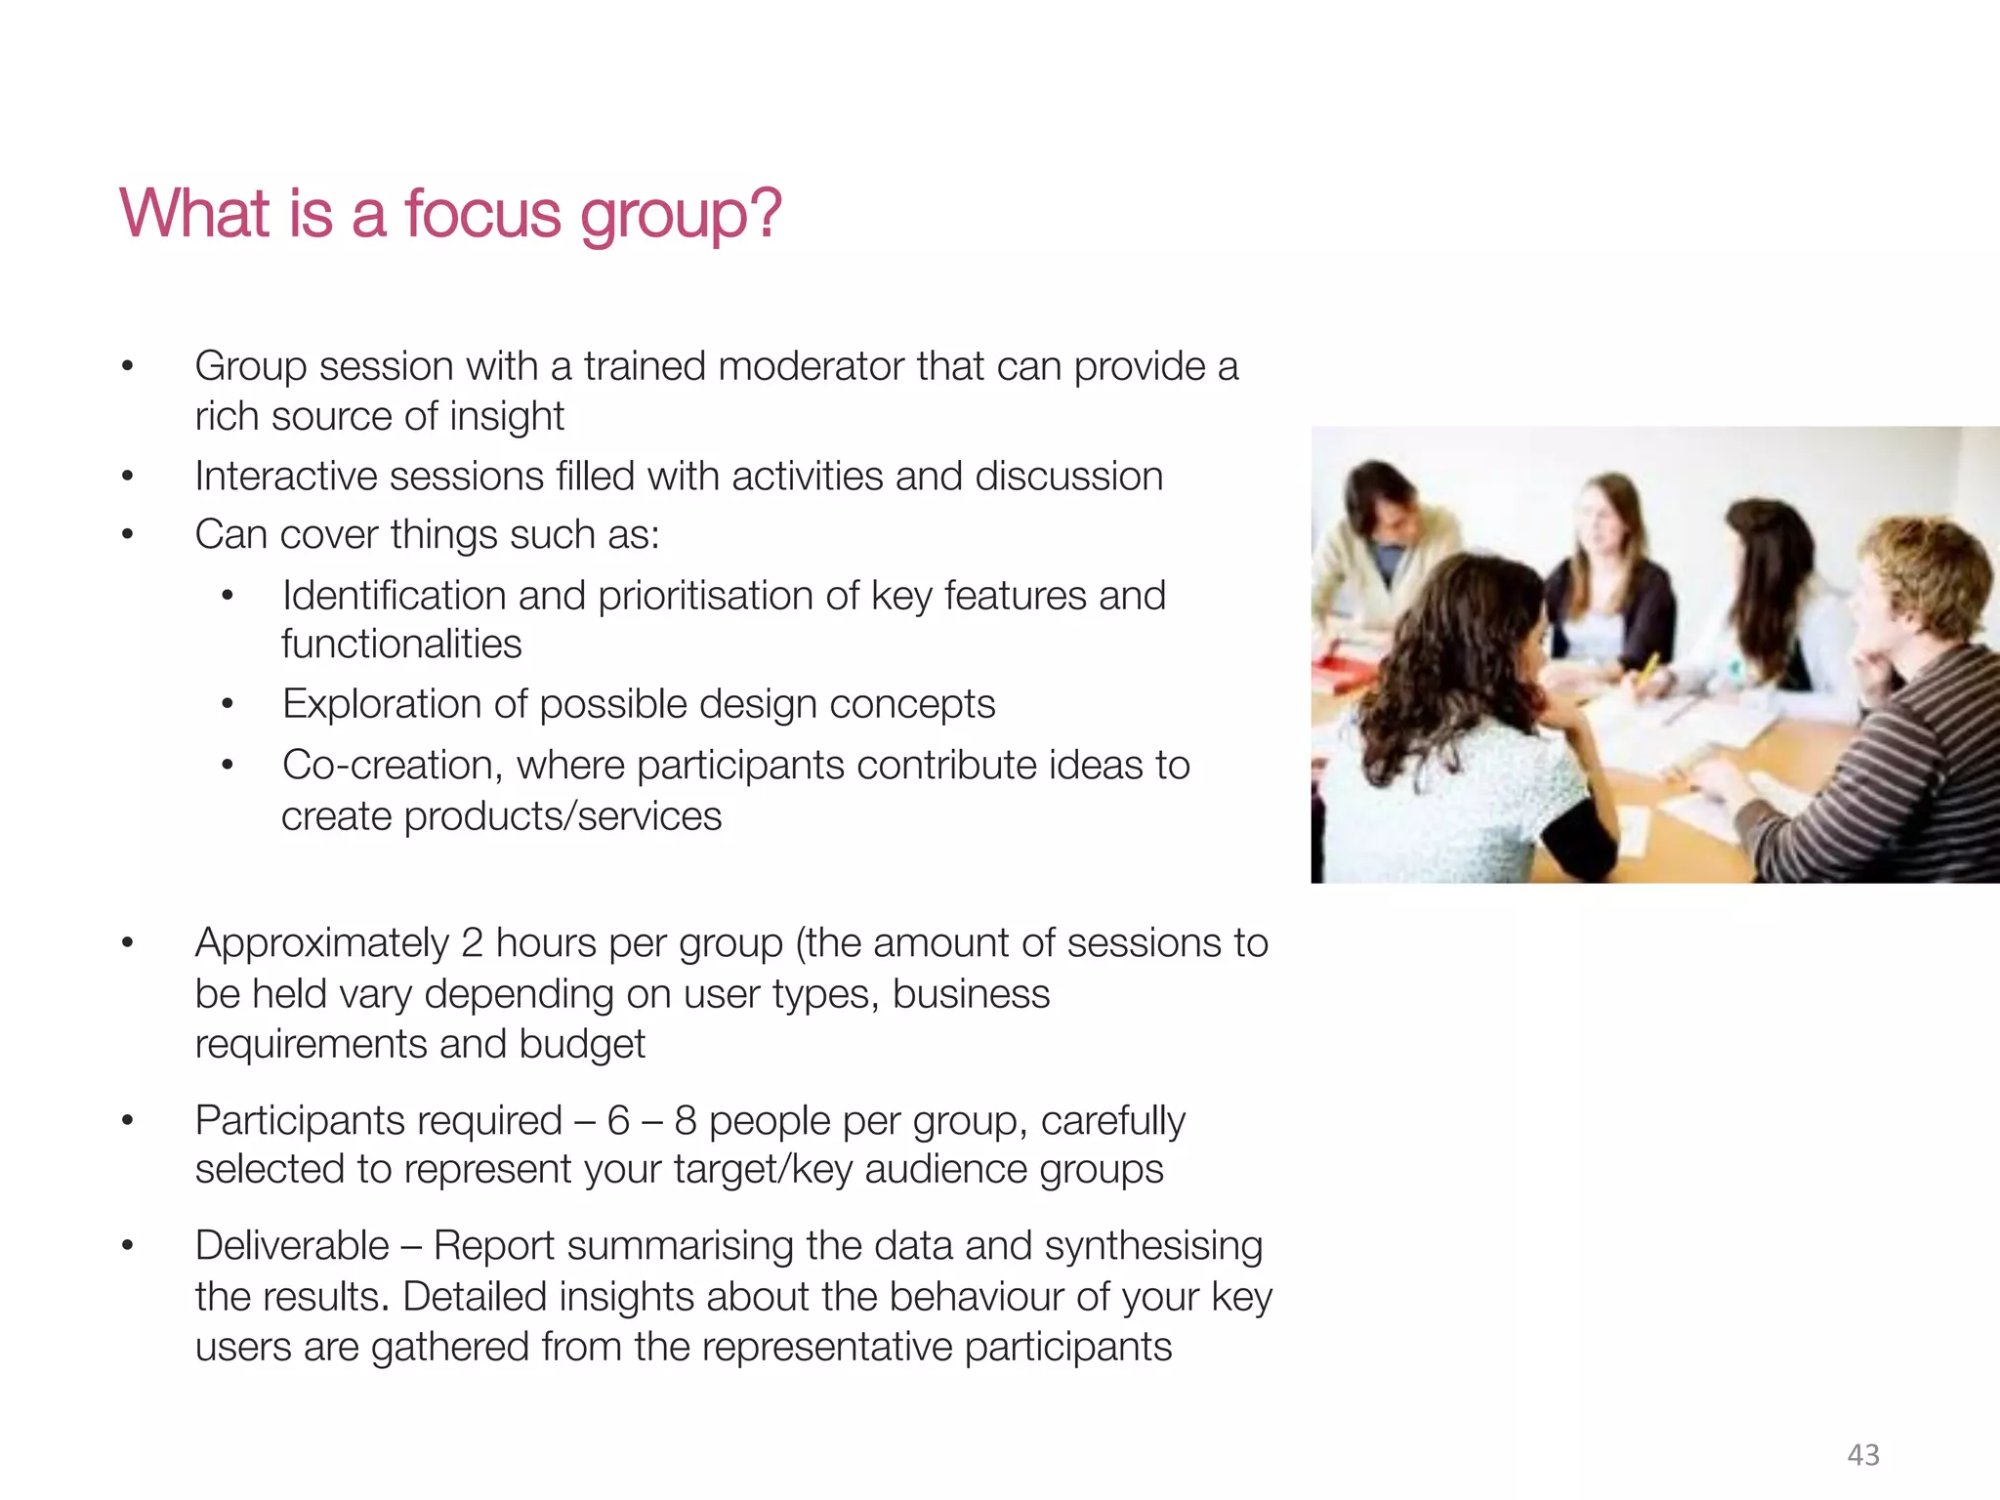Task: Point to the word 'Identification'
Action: pos(394,596)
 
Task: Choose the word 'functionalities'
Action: pos(401,645)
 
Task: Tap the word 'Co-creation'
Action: pos(392,766)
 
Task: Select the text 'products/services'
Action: pos(562,816)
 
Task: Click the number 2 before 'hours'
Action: pos(472,943)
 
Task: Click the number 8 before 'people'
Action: pos(685,1121)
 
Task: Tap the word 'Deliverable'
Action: pos(292,1246)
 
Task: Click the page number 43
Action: pos(1863,1455)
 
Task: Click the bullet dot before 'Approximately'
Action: pos(127,943)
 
